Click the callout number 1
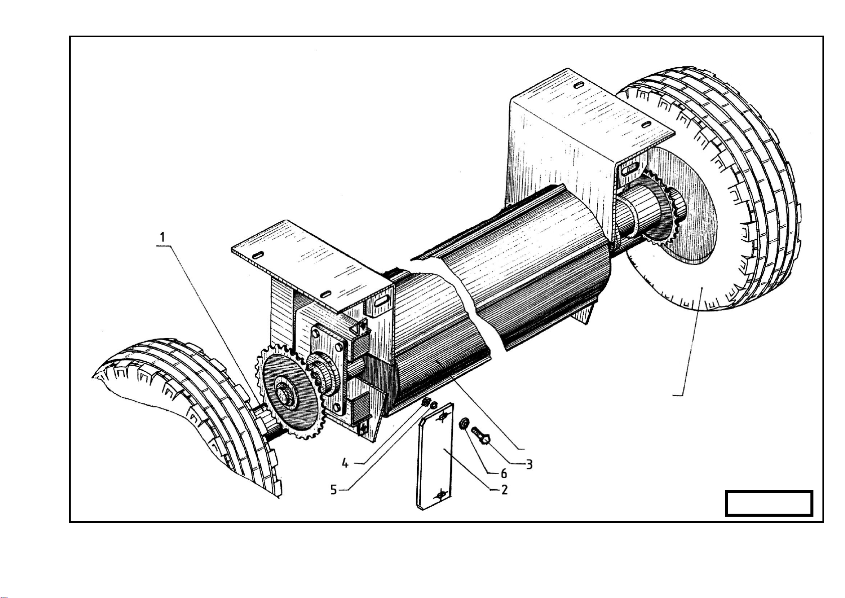pyautogui.click(x=162, y=237)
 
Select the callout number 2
pyautogui.click(x=504, y=490)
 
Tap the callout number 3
pyautogui.click(x=529, y=465)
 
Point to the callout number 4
pyautogui.click(x=345, y=463)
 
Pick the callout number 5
pyautogui.click(x=333, y=489)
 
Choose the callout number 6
pyautogui.click(x=503, y=473)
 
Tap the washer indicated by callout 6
pyautogui.click(x=463, y=423)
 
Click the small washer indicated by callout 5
pyautogui.click(x=434, y=405)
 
